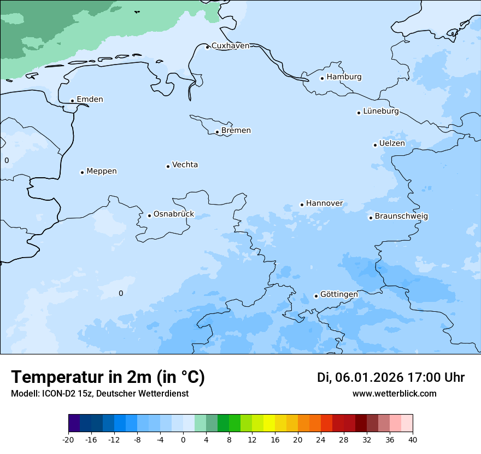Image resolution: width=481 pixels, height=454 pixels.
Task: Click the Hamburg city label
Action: tap(344, 77)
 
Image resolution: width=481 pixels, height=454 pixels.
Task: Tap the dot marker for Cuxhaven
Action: tap(207, 47)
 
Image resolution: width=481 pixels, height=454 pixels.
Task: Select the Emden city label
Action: tap(90, 100)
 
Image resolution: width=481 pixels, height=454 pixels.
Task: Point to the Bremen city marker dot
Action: tap(217, 132)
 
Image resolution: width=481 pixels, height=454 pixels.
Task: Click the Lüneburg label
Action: tap(380, 112)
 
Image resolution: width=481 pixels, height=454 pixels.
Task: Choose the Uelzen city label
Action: tap(392, 144)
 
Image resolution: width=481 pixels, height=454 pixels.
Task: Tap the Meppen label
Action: tap(101, 171)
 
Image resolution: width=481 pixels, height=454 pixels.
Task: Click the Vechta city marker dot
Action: tap(168, 166)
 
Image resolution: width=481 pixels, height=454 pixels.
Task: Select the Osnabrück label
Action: tap(174, 214)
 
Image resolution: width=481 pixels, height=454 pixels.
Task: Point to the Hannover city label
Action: tap(324, 203)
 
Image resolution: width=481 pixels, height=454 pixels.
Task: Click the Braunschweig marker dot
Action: tap(371, 218)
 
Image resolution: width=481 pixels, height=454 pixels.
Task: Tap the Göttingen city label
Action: tap(339, 295)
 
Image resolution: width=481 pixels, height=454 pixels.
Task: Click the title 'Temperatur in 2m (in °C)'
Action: tap(108, 377)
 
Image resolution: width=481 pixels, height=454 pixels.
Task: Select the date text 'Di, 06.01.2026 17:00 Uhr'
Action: tap(391, 377)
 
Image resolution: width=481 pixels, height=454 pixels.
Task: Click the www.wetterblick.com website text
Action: tap(394, 394)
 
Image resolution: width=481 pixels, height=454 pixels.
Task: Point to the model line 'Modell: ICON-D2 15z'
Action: tap(99, 394)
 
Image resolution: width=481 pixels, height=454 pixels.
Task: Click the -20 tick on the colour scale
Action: tap(68, 440)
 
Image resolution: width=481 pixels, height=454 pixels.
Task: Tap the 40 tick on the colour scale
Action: tap(412, 440)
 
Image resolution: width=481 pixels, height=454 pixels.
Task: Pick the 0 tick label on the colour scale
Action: tap(183, 440)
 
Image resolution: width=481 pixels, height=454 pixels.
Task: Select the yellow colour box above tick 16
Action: tap(269, 423)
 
